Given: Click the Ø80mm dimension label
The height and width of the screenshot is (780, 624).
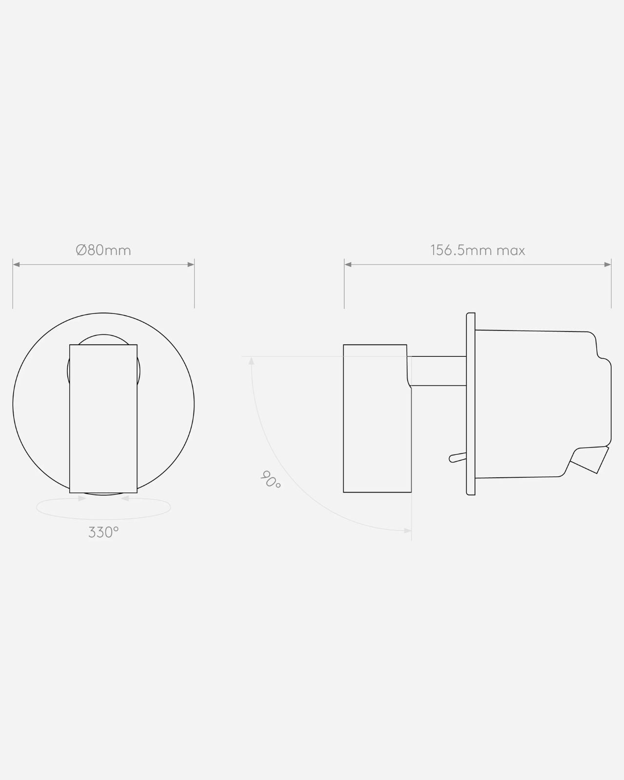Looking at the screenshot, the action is pyautogui.click(x=103, y=250).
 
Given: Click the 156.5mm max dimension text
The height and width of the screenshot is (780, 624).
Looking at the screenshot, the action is pyautogui.click(x=478, y=250).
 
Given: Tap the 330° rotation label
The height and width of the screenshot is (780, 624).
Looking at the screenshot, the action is pyautogui.click(x=103, y=532).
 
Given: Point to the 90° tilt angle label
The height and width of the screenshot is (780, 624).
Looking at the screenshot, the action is pyautogui.click(x=271, y=479).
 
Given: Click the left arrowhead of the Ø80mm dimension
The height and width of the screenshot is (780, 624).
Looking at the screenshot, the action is pyautogui.click(x=16, y=265).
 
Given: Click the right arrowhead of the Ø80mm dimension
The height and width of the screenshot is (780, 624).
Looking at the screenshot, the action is pyautogui.click(x=191, y=265).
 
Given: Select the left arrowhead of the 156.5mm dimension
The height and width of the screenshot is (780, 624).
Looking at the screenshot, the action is pyautogui.click(x=348, y=265).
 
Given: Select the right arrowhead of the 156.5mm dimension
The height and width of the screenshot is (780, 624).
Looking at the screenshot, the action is pyautogui.click(x=608, y=265).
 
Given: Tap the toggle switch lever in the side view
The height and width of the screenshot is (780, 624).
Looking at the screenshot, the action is pyautogui.click(x=458, y=457).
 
